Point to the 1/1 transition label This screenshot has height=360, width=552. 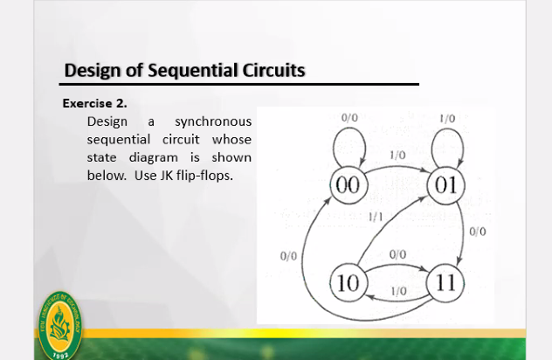[376, 217]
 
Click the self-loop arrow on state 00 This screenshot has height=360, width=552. [348, 128]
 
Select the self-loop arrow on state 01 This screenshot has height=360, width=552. [447, 129]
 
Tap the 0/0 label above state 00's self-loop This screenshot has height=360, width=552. [349, 118]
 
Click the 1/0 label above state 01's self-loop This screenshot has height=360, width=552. [447, 119]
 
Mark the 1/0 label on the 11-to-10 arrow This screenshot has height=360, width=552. [398, 291]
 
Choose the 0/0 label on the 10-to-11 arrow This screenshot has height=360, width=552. [397, 254]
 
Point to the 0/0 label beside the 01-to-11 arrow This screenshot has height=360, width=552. [478, 232]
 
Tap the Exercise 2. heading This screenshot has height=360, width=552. [94, 104]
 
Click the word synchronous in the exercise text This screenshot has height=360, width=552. [213, 121]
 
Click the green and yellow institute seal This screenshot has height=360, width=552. [60, 326]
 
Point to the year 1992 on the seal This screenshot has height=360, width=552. [60, 355]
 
